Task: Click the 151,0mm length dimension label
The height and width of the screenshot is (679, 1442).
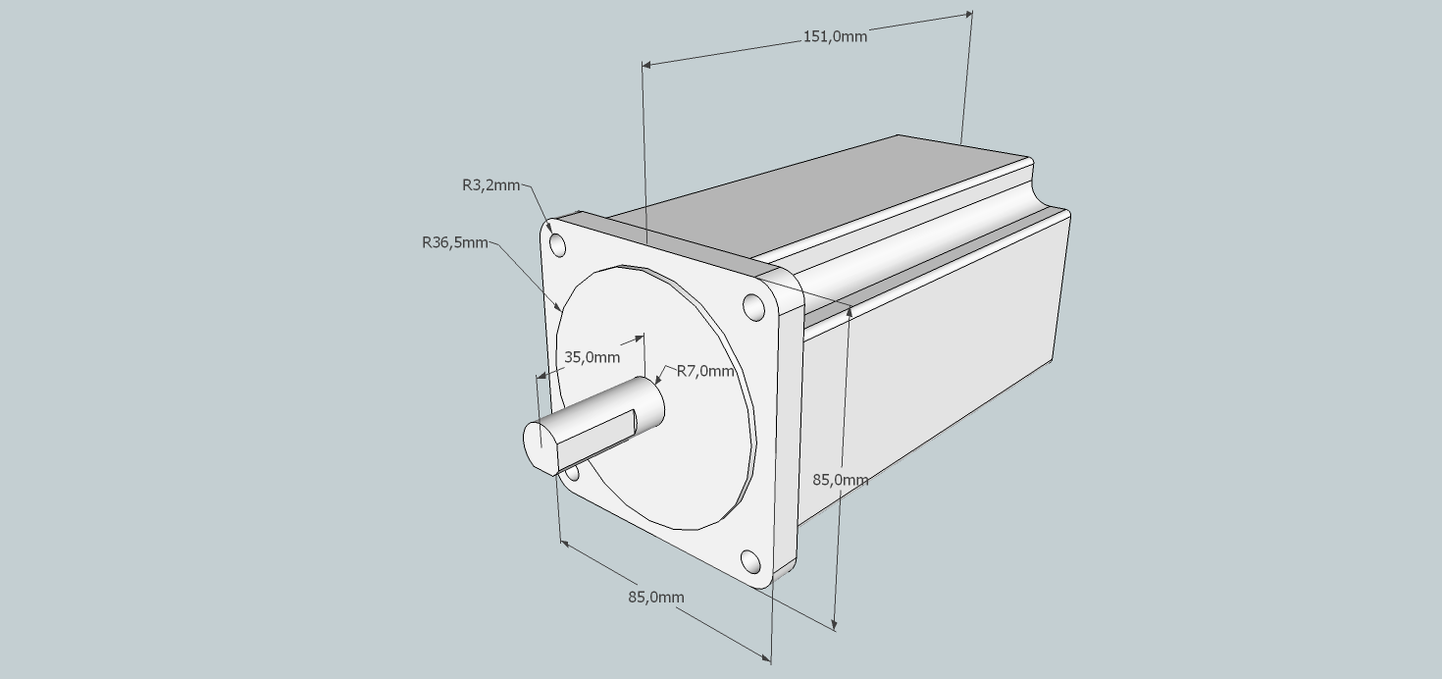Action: coord(835,36)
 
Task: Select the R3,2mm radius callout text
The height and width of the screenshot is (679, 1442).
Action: coord(490,185)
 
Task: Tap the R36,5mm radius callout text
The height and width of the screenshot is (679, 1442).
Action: coord(454,243)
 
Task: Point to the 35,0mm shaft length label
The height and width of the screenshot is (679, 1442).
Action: coord(592,357)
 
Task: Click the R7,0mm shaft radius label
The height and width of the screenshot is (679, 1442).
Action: coord(705,371)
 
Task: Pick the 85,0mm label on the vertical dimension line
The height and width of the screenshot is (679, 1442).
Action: coord(840,480)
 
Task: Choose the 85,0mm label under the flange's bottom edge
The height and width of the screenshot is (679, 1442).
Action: coord(656,598)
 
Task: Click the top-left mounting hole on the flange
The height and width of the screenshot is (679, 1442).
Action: coord(558,246)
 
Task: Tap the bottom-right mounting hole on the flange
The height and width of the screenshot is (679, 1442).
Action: coord(750,561)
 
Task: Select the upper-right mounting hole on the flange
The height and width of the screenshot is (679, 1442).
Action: coord(753,307)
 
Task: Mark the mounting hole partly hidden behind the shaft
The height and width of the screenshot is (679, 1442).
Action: coord(572,474)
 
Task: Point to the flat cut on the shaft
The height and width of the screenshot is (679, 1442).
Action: coord(595,442)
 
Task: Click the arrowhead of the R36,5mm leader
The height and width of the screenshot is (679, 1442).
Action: coord(558,307)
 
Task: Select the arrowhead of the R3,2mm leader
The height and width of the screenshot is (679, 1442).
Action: coord(549,229)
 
